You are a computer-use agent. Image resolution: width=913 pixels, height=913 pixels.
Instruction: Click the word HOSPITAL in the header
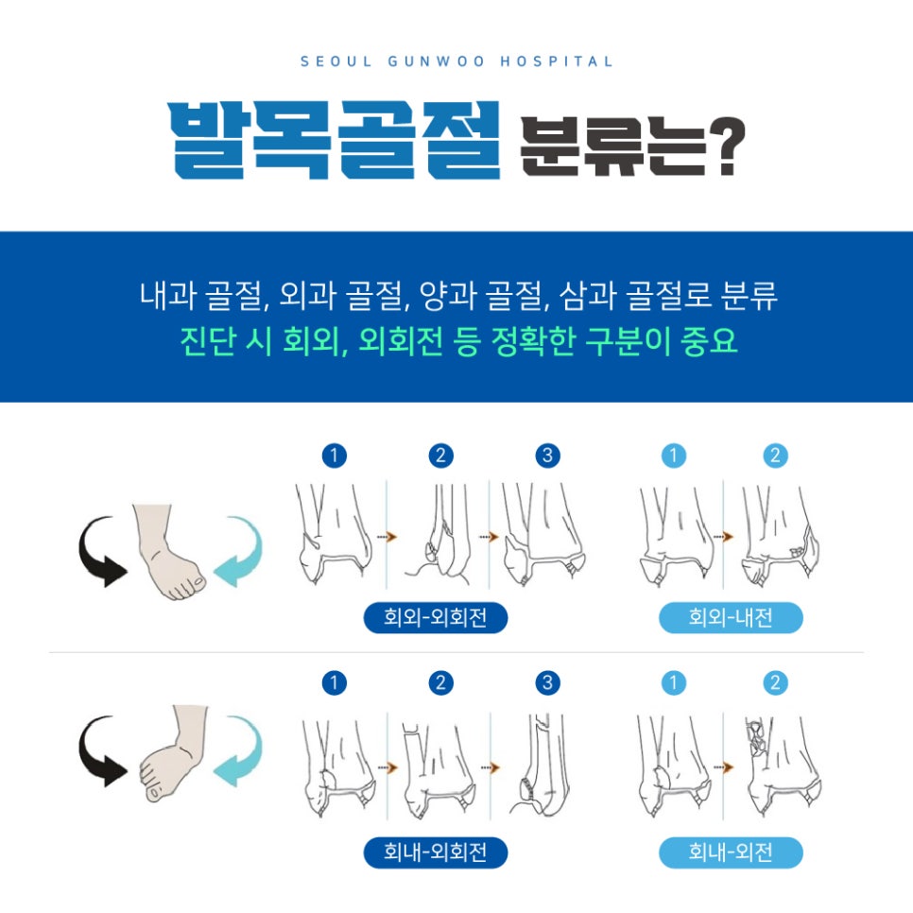(x=556, y=61)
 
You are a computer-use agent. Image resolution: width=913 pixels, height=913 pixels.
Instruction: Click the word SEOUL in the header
(x=336, y=61)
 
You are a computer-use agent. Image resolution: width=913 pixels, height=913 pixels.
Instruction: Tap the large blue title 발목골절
(x=336, y=140)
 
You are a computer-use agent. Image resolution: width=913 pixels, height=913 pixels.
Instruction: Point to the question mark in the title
(x=726, y=146)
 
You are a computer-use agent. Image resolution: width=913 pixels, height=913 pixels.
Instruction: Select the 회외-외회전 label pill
(x=436, y=617)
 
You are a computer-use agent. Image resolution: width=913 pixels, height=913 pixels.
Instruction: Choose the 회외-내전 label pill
(x=731, y=617)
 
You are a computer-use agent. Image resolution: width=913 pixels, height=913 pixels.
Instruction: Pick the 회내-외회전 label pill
(x=436, y=853)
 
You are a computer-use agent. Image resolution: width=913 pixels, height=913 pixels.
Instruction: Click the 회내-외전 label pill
(x=731, y=853)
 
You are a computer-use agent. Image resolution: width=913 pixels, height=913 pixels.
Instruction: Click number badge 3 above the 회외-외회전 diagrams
(x=547, y=456)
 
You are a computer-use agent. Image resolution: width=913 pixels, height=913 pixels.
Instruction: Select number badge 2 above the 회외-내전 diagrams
(x=775, y=456)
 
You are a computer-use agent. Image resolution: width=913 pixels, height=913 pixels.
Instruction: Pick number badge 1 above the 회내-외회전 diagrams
(x=335, y=682)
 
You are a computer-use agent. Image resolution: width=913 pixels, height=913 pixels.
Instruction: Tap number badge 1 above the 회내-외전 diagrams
(x=674, y=682)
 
